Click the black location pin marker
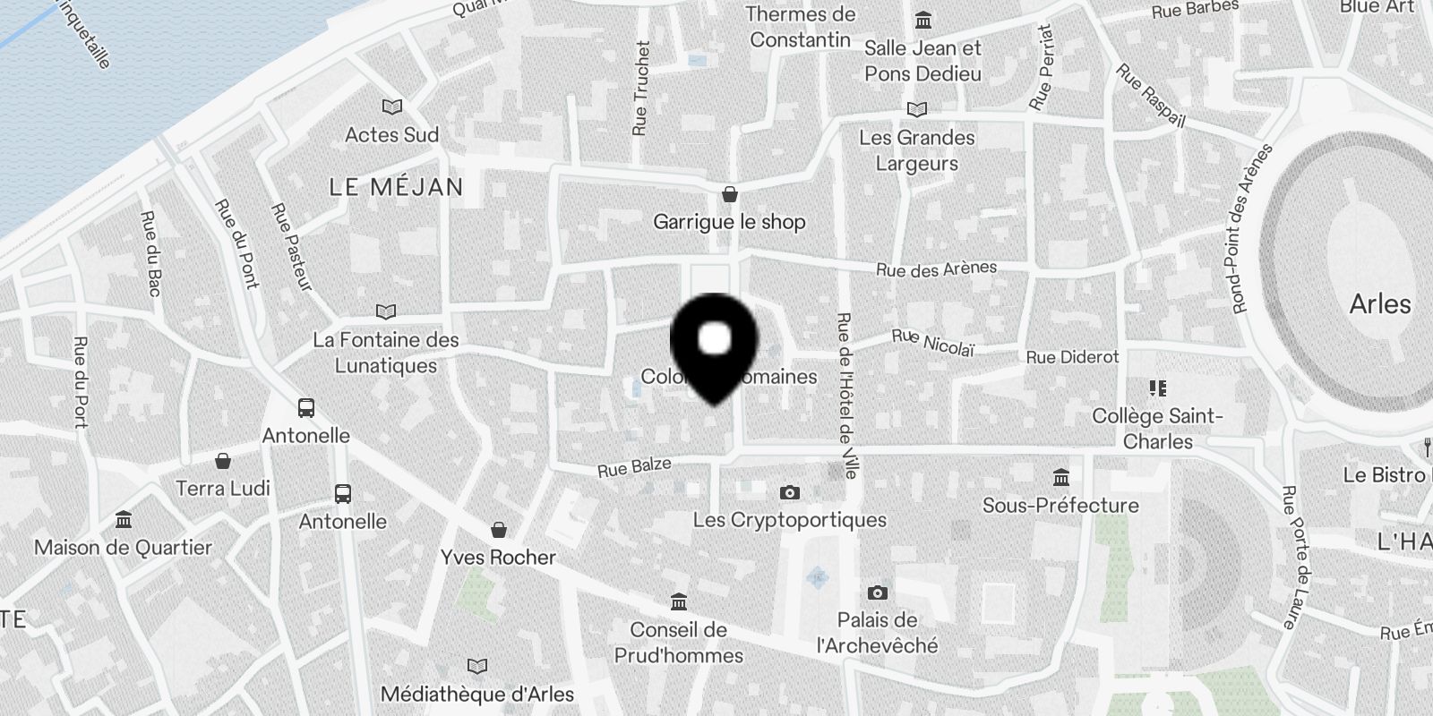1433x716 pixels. click(x=714, y=345)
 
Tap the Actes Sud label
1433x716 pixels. click(x=391, y=135)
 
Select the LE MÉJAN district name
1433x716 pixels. click(x=396, y=187)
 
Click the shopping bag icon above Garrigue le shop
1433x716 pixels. click(x=730, y=194)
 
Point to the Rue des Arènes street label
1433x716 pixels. click(x=936, y=268)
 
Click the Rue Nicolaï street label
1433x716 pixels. click(x=932, y=342)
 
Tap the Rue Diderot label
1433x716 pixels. click(x=1072, y=357)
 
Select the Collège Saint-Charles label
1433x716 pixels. click(x=1157, y=429)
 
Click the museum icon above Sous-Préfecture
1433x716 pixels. click(x=1061, y=477)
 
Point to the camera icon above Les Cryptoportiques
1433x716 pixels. click(x=789, y=492)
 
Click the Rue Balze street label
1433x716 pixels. click(x=634, y=467)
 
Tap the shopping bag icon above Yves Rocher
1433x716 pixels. click(x=499, y=530)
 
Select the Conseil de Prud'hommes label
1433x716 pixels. click(x=678, y=643)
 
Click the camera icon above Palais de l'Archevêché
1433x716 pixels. click(x=878, y=592)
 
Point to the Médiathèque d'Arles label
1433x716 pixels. click(x=476, y=694)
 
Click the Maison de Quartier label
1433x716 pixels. click(x=123, y=548)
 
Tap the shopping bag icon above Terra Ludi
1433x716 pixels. click(x=223, y=461)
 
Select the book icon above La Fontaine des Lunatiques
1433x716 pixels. click(x=386, y=312)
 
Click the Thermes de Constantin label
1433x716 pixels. click(x=801, y=27)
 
